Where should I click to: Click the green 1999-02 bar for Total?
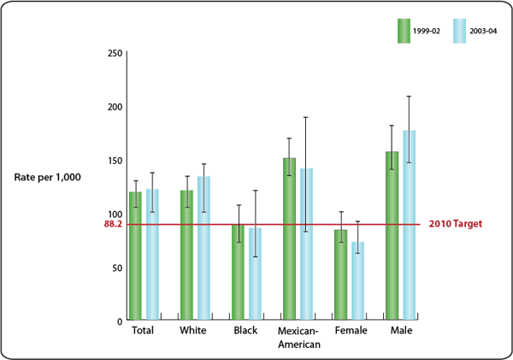pyautogui.click(x=135, y=257)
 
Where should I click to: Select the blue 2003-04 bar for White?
pyautogui.click(x=203, y=249)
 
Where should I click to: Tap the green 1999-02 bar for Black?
pyautogui.click(x=238, y=274)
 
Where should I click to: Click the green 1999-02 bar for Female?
pyautogui.click(x=340, y=275)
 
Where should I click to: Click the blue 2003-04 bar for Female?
pyautogui.click(x=357, y=281)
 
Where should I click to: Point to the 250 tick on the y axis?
pyautogui.click(x=112, y=53)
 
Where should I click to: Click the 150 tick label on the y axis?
pyautogui.click(x=112, y=160)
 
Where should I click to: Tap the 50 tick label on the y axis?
pyautogui.click(x=115, y=267)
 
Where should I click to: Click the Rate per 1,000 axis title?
pyautogui.click(x=48, y=177)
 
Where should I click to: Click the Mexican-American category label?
pyautogui.click(x=298, y=337)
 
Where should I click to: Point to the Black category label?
pyautogui.click(x=245, y=330)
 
